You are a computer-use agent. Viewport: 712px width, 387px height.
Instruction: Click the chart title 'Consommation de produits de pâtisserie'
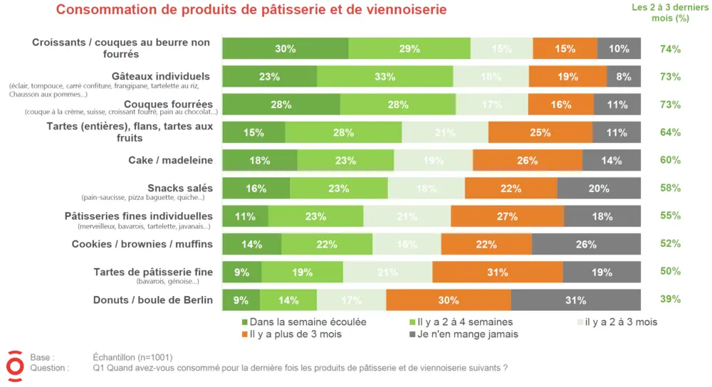[251, 10]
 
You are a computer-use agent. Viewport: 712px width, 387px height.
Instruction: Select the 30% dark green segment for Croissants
[285, 49]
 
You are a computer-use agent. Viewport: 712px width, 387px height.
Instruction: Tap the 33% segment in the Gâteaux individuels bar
[384, 77]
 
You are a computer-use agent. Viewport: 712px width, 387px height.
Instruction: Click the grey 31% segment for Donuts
[575, 299]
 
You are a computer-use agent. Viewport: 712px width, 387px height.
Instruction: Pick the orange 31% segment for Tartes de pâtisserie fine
[497, 272]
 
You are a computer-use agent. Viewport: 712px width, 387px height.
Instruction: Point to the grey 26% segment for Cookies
[585, 244]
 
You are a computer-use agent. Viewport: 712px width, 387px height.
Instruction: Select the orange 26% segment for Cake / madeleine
[527, 161]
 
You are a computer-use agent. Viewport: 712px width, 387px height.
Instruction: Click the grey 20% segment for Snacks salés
[598, 189]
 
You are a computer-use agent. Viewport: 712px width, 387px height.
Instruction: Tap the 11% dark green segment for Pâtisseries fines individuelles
[245, 216]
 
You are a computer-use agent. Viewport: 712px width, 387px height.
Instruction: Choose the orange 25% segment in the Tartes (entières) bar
[540, 132]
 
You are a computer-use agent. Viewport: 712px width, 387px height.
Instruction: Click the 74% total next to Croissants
[670, 49]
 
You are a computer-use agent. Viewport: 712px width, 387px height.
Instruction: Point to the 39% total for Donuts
[670, 299]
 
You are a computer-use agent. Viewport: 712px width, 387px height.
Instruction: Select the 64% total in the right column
[670, 132]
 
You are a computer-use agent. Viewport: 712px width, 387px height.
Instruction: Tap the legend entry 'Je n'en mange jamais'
[468, 334]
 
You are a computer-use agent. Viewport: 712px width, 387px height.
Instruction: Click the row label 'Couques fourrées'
[168, 105]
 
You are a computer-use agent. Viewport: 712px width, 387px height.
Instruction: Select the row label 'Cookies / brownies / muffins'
[142, 244]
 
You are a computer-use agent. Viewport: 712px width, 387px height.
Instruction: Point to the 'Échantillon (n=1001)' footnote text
[132, 357]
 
